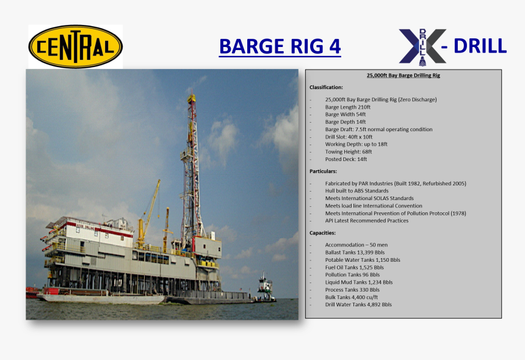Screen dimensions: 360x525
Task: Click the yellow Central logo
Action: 75,46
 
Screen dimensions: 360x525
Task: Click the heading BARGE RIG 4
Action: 280,46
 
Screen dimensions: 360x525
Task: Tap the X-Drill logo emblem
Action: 422,46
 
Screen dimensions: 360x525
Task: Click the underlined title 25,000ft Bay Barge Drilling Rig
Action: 403,76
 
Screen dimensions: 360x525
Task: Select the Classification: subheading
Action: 326,88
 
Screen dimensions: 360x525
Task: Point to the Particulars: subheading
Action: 323,171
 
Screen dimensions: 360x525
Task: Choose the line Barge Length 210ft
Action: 347,107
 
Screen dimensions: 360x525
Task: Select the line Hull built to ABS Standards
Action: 357,191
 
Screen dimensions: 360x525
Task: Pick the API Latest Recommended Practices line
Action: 366,221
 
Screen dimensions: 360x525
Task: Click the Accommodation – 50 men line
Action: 356,245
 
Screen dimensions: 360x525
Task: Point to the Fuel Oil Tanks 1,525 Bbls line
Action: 354,267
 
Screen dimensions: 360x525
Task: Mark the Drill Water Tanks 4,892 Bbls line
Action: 358,304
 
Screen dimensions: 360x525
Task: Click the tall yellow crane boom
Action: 150,207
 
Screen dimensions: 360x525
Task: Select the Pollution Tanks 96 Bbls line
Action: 352,275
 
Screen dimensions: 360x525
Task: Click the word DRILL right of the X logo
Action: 480,46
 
